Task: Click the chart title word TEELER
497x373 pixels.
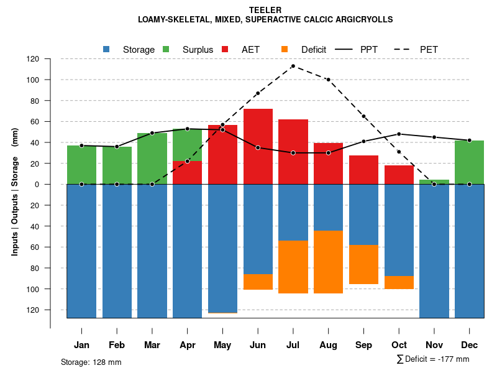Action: (x=265, y=10)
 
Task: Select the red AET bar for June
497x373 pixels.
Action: (x=258, y=146)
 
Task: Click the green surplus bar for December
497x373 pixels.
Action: (x=469, y=162)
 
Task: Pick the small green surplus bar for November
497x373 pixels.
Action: (x=434, y=182)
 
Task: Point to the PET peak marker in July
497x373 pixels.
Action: (x=293, y=66)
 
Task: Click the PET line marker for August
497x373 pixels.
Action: (x=328, y=80)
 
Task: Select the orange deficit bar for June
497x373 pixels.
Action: (x=258, y=282)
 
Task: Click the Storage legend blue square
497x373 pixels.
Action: (x=107, y=49)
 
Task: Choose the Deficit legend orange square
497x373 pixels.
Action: (x=285, y=49)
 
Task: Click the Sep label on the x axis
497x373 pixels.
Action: (x=363, y=345)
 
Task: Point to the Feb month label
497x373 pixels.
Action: (x=117, y=345)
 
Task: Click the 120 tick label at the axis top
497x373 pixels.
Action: (x=33, y=59)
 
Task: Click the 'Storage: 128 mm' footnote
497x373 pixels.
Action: (x=91, y=362)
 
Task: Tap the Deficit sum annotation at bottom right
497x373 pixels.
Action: (x=432, y=359)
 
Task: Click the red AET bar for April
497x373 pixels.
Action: (x=187, y=173)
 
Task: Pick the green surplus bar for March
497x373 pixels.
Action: (x=152, y=159)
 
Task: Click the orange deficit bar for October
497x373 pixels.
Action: (x=399, y=282)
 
